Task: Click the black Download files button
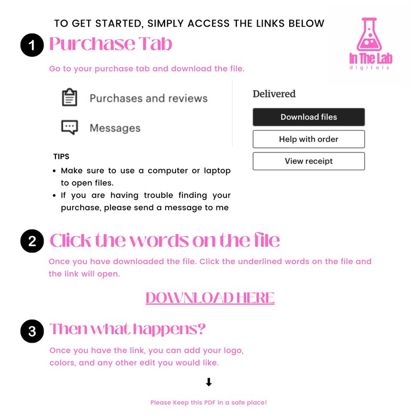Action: pos(309,117)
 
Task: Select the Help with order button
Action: pos(309,139)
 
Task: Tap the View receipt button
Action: pos(309,161)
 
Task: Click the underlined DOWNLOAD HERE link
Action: pos(210,298)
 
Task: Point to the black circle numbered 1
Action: pos(32,46)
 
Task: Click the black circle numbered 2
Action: pos(32,242)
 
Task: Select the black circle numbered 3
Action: pos(32,331)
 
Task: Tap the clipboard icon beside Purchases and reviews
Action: pos(70,98)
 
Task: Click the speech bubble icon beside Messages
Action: pos(70,128)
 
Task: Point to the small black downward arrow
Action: pos(209,382)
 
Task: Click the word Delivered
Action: pos(274,94)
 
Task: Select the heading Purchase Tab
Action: pos(111,45)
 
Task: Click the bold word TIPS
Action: pos(61,157)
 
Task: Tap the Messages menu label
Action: pos(115,128)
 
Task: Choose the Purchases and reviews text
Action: pos(148,98)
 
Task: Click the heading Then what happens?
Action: pos(127,330)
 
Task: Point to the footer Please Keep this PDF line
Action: pos(209,402)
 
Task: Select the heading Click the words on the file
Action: pos(165,241)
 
